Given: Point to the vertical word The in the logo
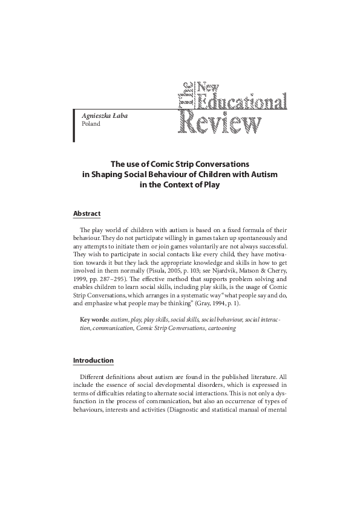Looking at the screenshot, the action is (187, 97).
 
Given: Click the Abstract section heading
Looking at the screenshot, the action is (87, 214).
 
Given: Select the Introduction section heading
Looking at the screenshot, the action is (93, 361).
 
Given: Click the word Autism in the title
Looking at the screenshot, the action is (259, 175).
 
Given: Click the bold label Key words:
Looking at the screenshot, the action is (94, 319).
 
